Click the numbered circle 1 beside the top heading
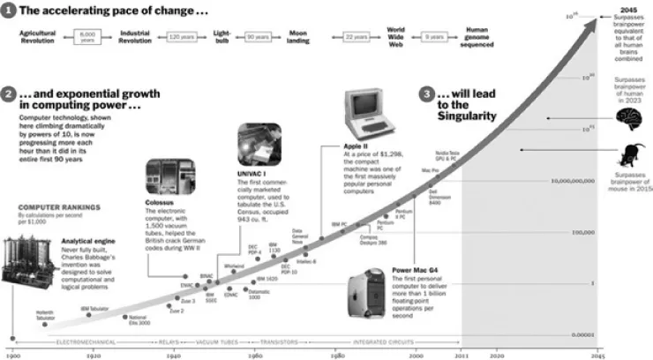click(9, 11)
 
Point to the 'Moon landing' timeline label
click(299, 38)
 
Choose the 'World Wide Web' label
click(396, 38)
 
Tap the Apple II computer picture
click(367, 111)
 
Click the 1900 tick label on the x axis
click(11, 353)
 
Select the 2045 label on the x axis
click(597, 353)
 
